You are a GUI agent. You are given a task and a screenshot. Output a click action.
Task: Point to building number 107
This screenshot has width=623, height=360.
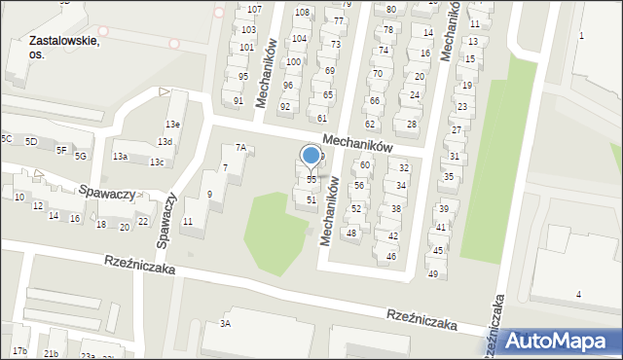pos(254,9)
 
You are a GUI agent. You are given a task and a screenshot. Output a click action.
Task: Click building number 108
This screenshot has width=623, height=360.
pos(302,13)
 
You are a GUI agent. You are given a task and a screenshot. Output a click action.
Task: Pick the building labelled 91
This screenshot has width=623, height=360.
pos(238,101)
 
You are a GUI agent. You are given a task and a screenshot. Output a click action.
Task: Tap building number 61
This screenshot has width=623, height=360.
pos(322,118)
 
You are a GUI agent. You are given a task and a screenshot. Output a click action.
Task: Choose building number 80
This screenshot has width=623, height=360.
pos(390,9)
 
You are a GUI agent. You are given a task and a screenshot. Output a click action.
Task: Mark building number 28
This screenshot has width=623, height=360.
pos(412,125)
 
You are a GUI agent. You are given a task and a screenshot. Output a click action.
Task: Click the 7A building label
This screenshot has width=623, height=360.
pos(239,148)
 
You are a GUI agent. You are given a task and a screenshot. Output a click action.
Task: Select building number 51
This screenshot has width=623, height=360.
pos(311,199)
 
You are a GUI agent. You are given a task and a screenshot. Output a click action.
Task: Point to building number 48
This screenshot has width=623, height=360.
pos(351,234)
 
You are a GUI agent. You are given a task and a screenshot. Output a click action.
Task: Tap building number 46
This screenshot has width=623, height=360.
pos(391,256)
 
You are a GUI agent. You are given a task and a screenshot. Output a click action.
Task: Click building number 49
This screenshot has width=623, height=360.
pos(433,273)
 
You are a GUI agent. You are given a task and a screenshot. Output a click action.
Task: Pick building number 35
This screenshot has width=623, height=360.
pos(448,177)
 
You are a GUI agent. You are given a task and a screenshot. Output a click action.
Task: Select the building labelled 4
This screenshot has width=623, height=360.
pos(578,294)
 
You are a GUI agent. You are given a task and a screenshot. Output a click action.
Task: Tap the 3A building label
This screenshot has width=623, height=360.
pos(225,323)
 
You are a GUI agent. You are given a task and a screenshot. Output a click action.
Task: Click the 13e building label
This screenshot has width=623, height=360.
pos(172,125)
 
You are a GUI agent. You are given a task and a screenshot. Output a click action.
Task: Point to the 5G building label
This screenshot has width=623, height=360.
pos(81,156)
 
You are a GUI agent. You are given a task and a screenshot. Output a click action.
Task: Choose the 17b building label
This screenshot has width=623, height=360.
pos(19,350)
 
